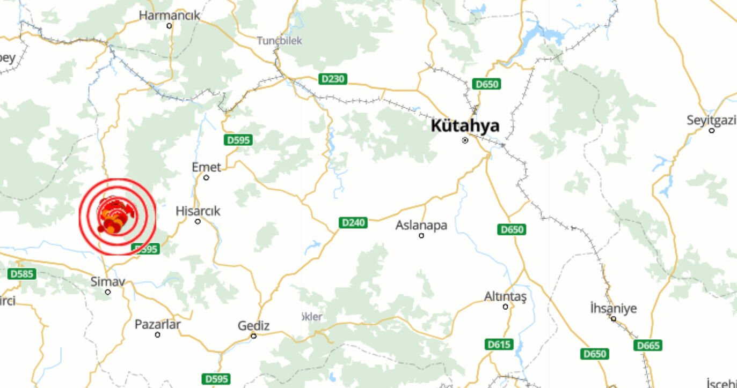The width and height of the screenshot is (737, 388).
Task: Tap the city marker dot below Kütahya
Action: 465,140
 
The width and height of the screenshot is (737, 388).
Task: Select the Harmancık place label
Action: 169,16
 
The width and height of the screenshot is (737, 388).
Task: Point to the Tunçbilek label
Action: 279,41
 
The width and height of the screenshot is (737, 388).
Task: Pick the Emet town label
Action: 206,168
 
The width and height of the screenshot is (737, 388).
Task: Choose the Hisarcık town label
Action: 198,211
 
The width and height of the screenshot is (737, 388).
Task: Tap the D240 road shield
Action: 353,222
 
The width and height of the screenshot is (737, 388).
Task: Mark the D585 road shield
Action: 22,274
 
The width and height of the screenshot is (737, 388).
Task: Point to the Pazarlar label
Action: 157,325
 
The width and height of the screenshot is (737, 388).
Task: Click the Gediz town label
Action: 254,326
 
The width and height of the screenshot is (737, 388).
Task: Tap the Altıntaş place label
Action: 506,296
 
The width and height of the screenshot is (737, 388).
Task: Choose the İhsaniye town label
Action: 613,309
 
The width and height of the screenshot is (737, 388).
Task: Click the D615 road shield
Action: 499,344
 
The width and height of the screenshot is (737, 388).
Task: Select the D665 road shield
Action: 647,345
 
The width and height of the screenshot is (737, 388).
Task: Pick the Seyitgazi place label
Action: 711,121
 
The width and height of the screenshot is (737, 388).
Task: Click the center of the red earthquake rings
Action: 118,217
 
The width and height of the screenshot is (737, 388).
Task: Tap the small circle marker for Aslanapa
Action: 421,235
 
